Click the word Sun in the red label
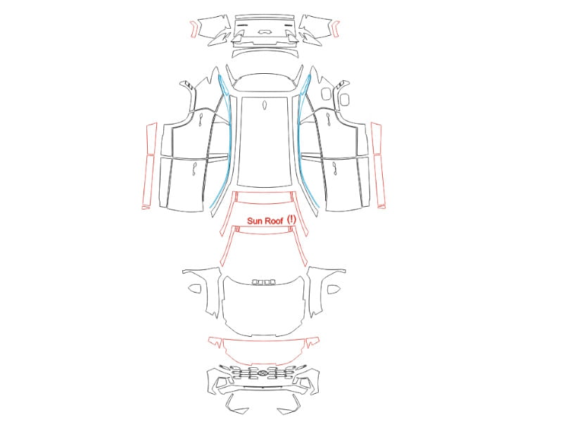(255, 221)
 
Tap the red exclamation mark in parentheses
(292, 219)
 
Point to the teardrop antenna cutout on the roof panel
(265, 105)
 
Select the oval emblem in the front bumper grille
(262, 374)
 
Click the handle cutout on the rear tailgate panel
(265, 31)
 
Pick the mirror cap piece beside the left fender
(195, 288)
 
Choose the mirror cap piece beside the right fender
(333, 289)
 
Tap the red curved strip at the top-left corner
(193, 29)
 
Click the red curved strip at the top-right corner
(336, 29)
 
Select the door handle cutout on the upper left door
(201, 120)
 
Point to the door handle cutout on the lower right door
(334, 168)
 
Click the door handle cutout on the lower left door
(194, 169)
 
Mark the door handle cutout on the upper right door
(328, 119)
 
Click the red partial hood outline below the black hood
(264, 350)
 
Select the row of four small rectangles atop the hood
(265, 282)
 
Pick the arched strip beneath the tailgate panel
(265, 53)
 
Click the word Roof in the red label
(274, 221)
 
